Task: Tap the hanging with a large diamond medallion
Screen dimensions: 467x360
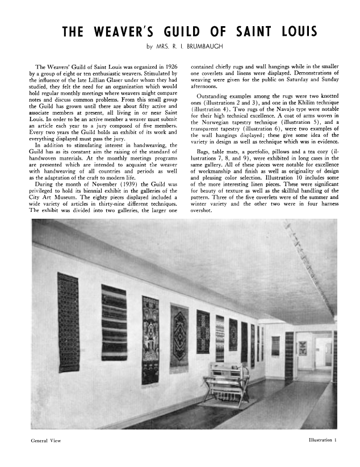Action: click(x=178, y=335)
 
